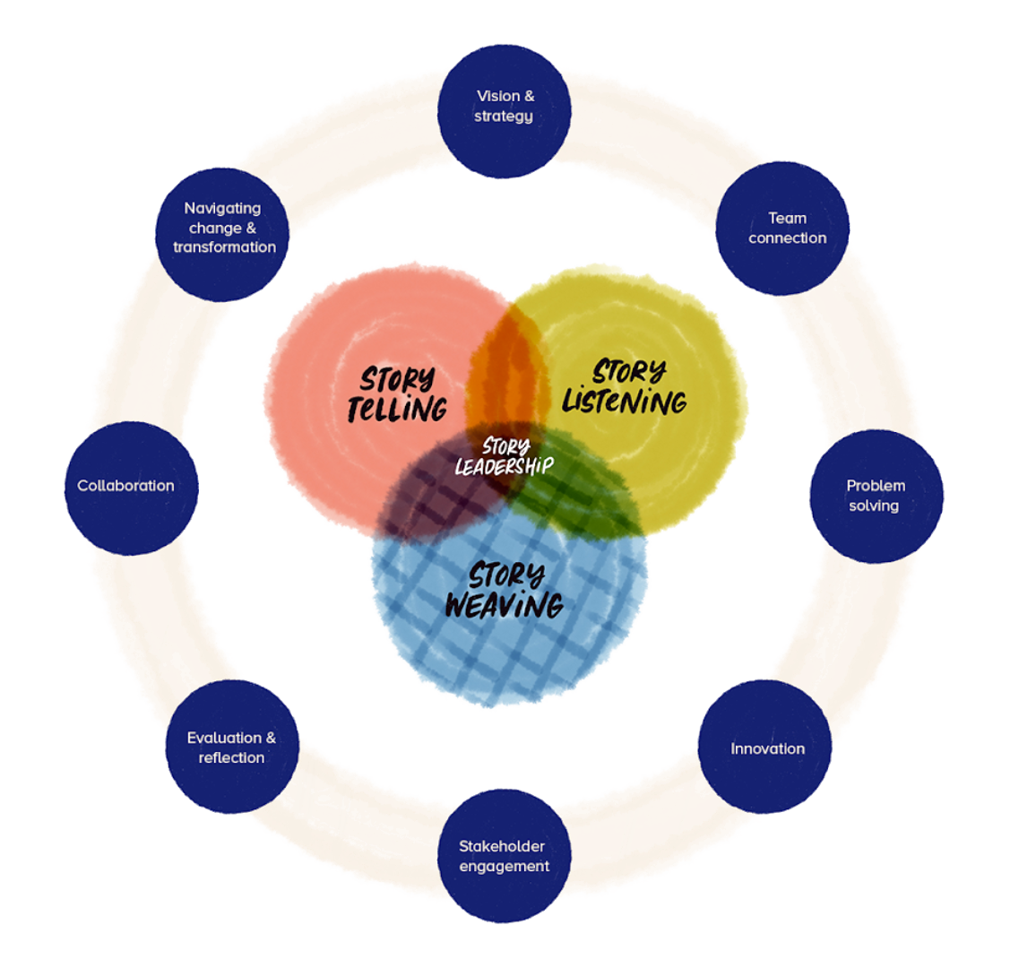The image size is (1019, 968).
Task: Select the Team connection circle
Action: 782,229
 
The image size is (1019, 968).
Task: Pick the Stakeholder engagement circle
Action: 504,856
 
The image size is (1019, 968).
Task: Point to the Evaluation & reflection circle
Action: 231,747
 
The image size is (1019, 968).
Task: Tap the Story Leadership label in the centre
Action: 505,456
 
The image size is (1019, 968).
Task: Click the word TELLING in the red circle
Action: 397,410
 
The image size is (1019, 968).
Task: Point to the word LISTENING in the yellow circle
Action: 625,401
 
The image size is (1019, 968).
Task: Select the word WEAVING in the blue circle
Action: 504,605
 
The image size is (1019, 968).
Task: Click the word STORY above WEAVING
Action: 506,575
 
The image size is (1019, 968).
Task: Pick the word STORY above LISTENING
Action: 629,370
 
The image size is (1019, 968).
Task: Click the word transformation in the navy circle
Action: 224,247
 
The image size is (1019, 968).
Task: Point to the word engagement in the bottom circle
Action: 504,866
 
